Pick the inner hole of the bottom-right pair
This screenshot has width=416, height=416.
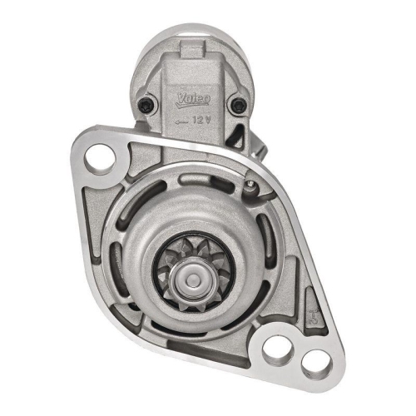click(279, 346)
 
